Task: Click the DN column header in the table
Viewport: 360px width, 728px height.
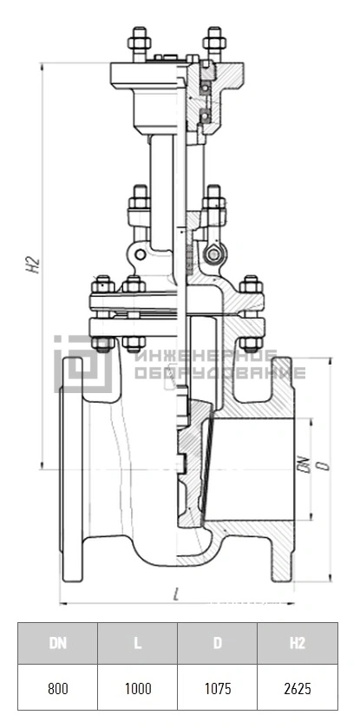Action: point(58,643)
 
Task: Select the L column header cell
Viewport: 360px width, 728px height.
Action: point(137,643)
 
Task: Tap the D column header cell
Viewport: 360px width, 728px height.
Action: point(217,643)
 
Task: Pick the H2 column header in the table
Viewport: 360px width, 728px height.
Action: point(298,643)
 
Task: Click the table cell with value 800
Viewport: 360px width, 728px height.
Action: point(58,687)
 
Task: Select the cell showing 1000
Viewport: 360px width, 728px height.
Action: point(137,687)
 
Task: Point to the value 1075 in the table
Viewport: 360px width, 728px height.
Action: point(217,687)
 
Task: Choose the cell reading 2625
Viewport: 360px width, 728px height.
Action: point(298,687)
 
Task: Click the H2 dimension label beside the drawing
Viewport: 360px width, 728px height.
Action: point(34,266)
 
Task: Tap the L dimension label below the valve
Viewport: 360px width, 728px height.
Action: point(176,594)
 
